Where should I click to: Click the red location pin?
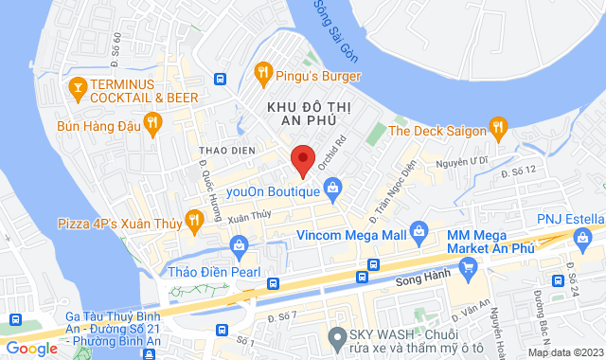point(302,161)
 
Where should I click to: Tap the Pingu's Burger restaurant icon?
point(264,71)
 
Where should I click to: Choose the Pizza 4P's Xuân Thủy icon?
point(194,220)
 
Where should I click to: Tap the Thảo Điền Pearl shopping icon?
point(240,248)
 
